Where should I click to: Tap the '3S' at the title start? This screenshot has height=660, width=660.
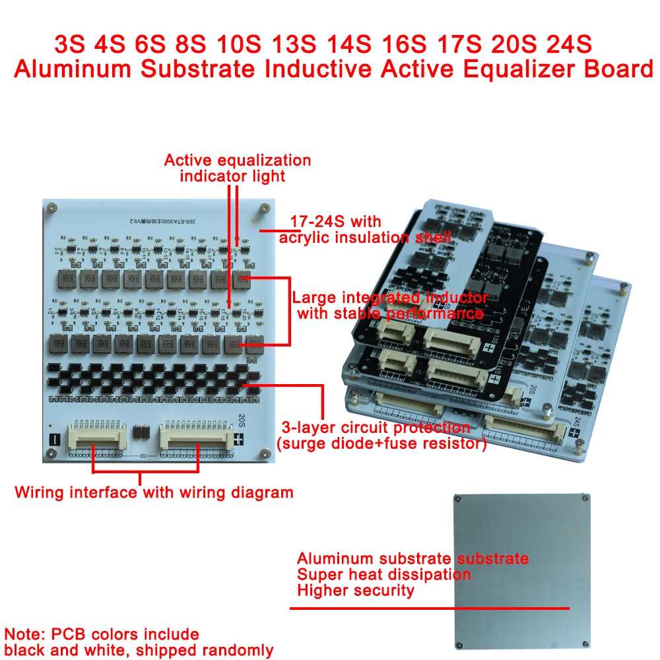(71, 46)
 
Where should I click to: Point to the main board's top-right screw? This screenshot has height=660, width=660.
(264, 207)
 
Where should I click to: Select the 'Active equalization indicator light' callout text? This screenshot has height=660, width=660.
(237, 168)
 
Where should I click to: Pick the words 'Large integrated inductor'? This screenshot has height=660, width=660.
(391, 298)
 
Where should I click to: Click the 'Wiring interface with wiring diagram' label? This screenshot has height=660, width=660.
(154, 492)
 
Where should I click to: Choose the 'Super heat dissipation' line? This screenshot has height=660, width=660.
(383, 574)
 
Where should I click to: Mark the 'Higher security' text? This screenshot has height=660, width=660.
(355, 590)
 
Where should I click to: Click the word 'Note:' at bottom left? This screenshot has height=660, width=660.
(24, 635)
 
